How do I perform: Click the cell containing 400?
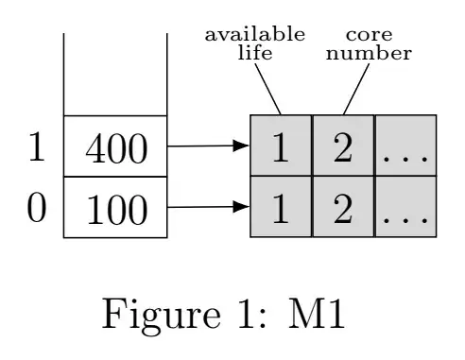point(115,146)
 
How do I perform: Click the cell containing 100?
point(115,207)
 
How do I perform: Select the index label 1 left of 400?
point(35,146)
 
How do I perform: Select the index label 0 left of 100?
point(35,207)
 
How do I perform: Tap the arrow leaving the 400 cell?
point(207,146)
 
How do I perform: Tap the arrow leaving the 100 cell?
point(207,207)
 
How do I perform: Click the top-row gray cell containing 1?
point(281,146)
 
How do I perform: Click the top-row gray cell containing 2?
point(343,146)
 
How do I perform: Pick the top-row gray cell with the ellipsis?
point(405,146)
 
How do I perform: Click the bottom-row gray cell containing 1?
point(281,207)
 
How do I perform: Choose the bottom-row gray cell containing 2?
point(343,207)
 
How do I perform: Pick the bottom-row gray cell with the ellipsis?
point(405,207)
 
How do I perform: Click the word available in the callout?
point(254,35)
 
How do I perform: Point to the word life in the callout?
point(254,53)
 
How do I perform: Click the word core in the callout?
point(369,35)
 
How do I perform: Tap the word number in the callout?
point(369,53)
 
